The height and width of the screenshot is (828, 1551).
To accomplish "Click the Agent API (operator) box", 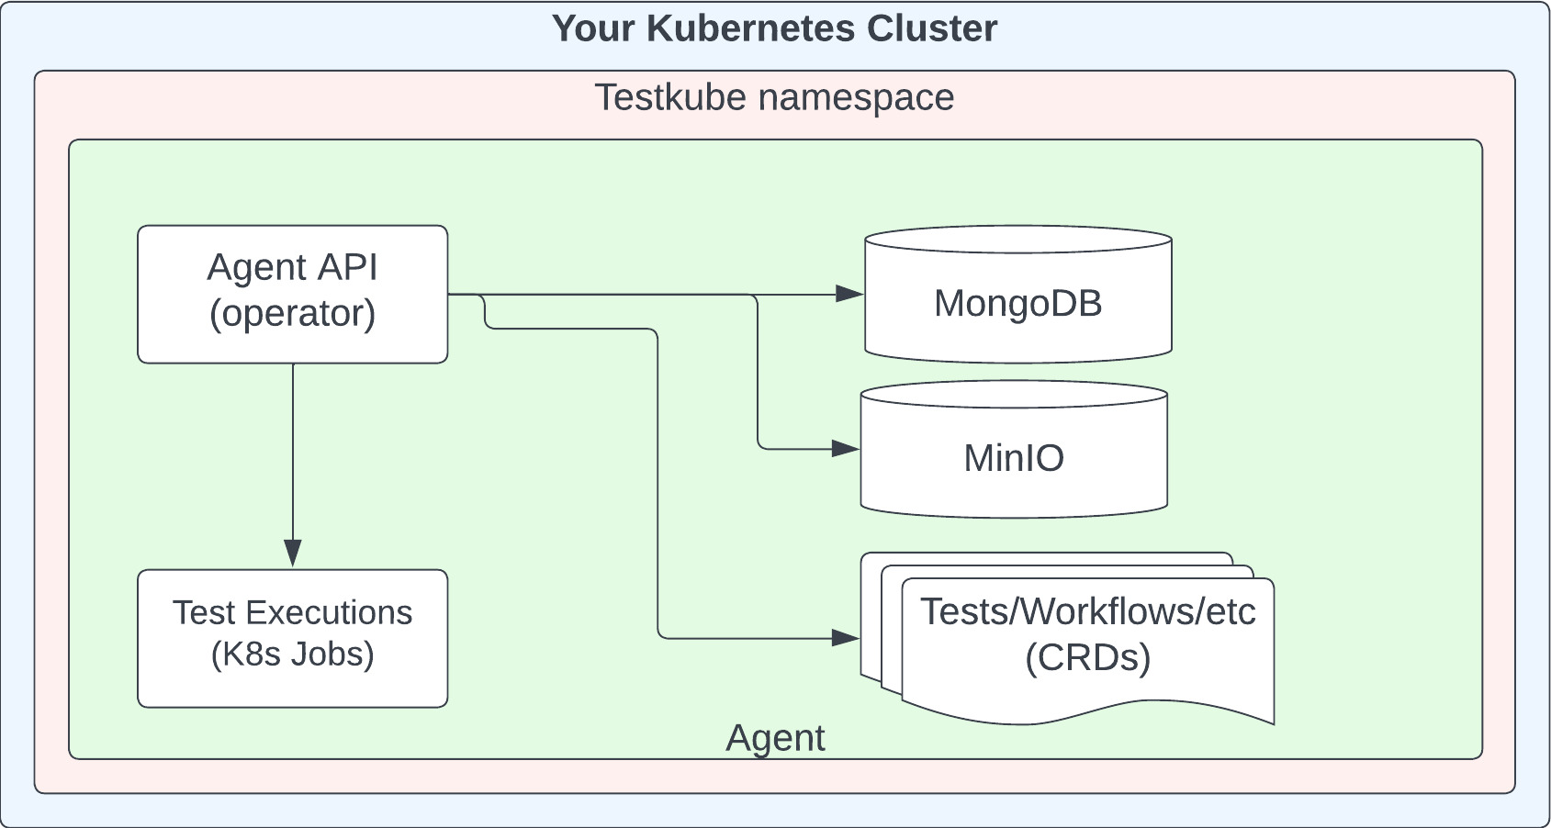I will pos(292,294).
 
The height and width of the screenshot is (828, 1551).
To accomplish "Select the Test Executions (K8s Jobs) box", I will pos(292,638).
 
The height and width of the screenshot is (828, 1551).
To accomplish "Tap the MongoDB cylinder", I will pos(1017,303).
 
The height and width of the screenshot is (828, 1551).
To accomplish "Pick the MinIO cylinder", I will pos(1013,457).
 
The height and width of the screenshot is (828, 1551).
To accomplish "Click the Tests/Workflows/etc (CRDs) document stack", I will pos(1087,643).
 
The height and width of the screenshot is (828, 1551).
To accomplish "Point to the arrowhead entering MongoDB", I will pos(849,295).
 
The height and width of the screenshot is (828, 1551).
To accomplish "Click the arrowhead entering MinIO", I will pos(846,449).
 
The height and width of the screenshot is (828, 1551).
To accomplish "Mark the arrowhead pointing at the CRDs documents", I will pos(846,637).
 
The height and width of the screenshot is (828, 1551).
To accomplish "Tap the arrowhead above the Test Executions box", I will pos(293,553).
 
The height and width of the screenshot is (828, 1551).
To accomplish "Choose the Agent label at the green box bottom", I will pos(775,738).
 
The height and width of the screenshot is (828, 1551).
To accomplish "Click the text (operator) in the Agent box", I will pos(292,314).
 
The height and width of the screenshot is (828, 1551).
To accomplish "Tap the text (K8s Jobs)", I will pos(292,655).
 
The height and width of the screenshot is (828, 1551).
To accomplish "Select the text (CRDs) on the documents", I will pos(1087,658).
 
